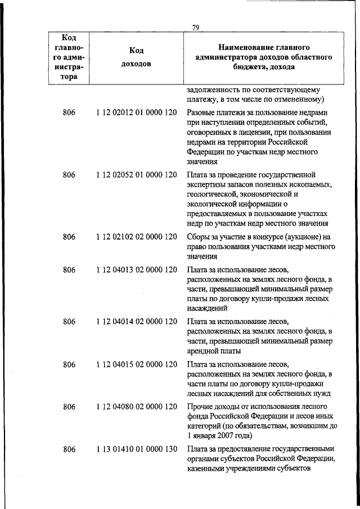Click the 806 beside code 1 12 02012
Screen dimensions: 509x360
(x=69, y=113)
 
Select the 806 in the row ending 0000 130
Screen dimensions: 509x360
(x=69, y=449)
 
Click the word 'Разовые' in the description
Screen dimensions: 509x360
(x=201, y=113)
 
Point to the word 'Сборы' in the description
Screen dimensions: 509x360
(x=198, y=236)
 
